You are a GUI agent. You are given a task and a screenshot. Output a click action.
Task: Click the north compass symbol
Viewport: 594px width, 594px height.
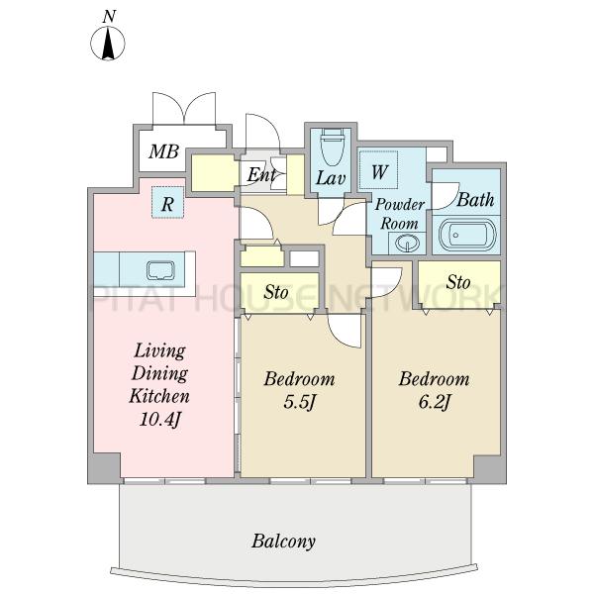(108, 43)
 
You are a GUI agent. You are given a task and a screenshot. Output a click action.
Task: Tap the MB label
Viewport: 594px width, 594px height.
(163, 151)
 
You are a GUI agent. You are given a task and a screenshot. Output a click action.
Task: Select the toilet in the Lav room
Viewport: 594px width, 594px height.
(333, 147)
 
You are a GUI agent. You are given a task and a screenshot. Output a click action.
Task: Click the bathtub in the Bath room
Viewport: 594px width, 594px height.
(466, 235)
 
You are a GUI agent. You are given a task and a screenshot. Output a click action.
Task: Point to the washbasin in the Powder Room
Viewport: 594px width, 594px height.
(407, 242)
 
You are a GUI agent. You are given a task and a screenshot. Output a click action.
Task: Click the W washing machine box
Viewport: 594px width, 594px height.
(378, 169)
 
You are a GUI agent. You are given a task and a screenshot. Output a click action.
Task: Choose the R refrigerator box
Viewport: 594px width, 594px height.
(167, 203)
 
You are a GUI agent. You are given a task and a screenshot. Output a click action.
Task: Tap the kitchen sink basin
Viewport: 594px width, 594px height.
(160, 270)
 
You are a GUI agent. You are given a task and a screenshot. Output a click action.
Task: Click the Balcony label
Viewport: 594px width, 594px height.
(283, 541)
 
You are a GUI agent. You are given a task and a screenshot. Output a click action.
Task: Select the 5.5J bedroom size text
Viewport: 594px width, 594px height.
(299, 403)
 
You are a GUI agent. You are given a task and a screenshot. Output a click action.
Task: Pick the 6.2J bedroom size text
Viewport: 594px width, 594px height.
(435, 402)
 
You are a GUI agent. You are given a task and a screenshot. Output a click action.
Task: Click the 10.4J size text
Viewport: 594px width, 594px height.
(159, 419)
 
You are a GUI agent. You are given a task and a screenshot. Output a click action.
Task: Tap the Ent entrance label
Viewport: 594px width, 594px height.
(261, 175)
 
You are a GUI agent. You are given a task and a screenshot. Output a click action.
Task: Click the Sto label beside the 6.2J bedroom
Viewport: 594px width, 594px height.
(458, 282)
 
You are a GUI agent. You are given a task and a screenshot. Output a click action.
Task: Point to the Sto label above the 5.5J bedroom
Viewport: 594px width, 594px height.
(276, 292)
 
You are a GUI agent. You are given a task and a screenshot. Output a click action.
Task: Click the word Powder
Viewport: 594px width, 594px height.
(400, 205)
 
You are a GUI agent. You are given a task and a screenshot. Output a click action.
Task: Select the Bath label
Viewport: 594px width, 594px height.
(475, 200)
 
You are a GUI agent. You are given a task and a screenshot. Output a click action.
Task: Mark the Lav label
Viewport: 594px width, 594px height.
(331, 177)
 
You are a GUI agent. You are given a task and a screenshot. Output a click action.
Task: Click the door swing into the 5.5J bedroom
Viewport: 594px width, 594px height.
(344, 331)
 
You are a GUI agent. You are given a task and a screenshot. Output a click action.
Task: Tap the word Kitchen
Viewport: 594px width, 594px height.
(159, 396)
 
